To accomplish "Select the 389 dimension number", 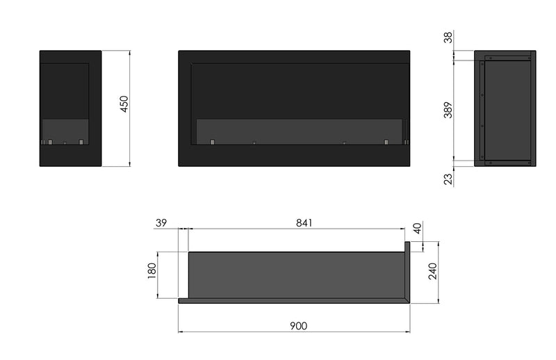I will [x=448, y=111].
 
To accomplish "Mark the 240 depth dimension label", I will [x=432, y=272].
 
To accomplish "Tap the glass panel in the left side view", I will [x=65, y=129].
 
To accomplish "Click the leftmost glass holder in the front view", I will [x=208, y=143].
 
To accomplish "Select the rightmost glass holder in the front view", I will [x=386, y=143].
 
